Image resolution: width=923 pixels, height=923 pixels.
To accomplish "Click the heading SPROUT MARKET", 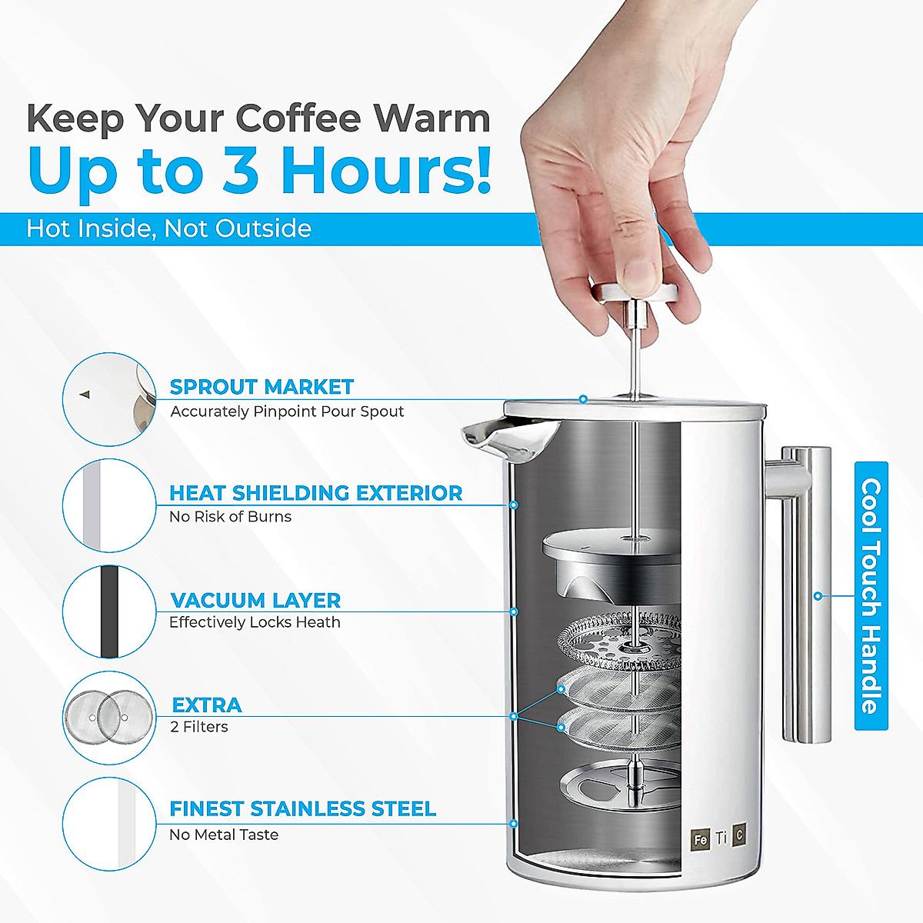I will point(262,387).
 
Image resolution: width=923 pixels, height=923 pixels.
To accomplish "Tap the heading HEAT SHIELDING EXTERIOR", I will point(315,493).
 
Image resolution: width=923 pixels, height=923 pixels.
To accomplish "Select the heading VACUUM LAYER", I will point(255,600).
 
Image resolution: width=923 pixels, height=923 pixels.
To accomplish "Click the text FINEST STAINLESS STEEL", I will point(302,809).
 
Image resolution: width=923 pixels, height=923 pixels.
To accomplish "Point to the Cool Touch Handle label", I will point(871,596).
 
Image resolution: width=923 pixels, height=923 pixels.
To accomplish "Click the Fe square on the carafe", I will point(700,839).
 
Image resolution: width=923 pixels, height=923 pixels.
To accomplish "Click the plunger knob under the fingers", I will point(635,293).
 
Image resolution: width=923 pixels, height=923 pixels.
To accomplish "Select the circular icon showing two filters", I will point(108,718).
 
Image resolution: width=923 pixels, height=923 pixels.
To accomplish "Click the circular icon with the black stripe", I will point(108,612).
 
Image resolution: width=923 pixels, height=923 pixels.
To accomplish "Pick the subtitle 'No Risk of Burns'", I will point(230,517).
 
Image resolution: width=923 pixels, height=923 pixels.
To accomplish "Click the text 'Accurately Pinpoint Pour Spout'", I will point(287,412).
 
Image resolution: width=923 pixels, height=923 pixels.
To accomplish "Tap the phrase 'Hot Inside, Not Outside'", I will point(168,228).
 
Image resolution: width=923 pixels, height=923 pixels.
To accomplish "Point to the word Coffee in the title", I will point(298,119).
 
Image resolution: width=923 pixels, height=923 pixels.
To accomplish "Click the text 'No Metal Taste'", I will point(223,835).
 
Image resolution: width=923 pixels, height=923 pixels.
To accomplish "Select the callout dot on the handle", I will point(818,596).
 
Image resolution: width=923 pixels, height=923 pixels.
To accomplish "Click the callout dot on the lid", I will point(583,399).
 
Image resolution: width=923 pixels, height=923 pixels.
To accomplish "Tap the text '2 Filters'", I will point(198,727).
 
